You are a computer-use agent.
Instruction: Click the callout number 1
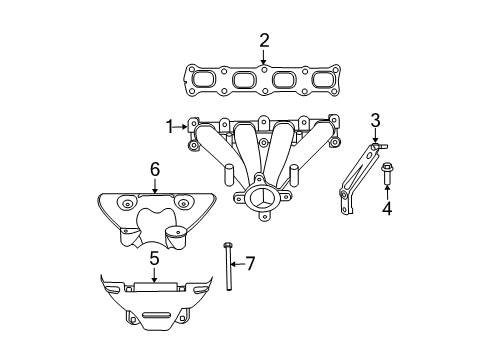(170, 126)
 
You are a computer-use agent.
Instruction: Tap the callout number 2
(264, 41)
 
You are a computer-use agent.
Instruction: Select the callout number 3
(375, 121)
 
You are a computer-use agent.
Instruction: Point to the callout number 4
(386, 208)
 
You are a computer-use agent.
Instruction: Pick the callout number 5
(154, 258)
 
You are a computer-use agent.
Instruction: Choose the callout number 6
(155, 170)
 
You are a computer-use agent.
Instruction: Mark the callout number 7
(250, 263)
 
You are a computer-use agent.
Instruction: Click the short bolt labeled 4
(386, 175)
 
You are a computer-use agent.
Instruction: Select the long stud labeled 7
(228, 267)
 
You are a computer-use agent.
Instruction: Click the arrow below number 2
(264, 57)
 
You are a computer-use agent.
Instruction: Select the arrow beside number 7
(239, 263)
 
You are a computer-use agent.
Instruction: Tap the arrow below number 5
(154, 274)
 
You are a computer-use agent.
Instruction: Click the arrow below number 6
(155, 186)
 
